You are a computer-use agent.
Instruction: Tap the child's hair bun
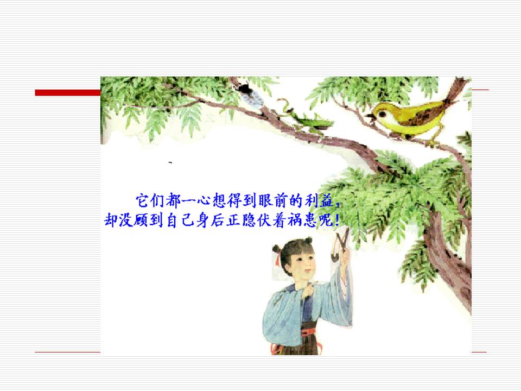pyautogui.click(x=276, y=249)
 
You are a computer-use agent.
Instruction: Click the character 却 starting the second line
pyautogui.click(x=111, y=221)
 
